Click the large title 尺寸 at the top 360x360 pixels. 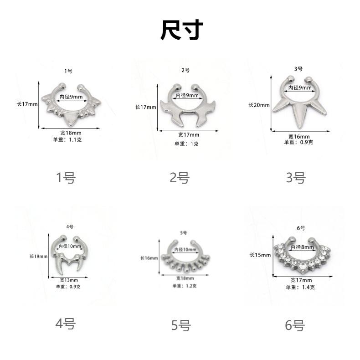pos(182,30)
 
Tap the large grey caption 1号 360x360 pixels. pos(66,177)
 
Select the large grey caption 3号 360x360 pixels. pos(296,178)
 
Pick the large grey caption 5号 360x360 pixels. pos(181,325)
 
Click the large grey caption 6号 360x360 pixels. pos(295,325)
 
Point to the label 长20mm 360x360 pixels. pos(259,105)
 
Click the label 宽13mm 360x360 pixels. pos(69,280)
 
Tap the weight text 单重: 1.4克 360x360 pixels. pos(300,287)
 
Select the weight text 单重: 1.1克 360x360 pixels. pos(67,139)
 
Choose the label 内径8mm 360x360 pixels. pos(302,247)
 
